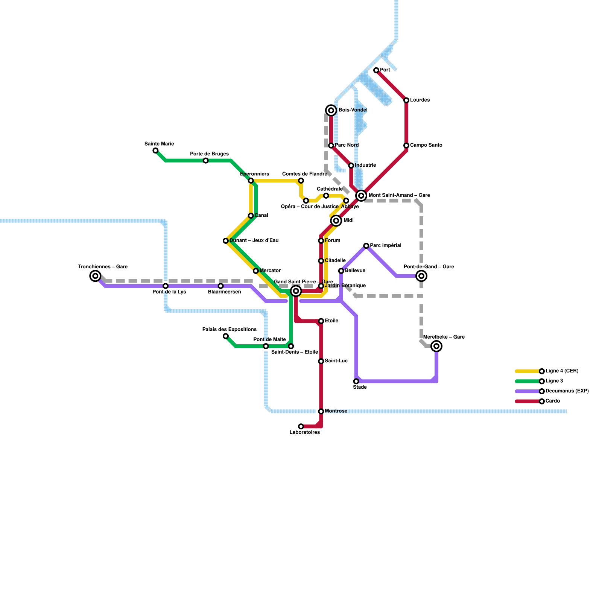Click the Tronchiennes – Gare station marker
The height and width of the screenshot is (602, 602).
coord(96,276)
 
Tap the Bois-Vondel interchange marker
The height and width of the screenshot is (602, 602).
coord(331,110)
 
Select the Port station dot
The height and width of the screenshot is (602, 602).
coord(376,70)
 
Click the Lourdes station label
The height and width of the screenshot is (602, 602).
coord(420,100)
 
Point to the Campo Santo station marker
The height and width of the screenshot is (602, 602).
coord(406,146)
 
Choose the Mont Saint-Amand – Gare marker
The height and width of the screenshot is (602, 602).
coord(361,196)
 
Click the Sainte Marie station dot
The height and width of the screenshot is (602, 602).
coord(155,150)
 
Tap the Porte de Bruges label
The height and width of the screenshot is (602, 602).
coord(209,154)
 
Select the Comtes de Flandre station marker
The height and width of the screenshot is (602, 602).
coord(301,181)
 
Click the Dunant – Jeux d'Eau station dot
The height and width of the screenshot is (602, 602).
coord(226,241)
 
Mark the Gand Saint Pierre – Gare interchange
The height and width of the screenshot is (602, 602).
coord(296,291)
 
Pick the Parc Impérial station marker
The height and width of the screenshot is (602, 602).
coord(366,246)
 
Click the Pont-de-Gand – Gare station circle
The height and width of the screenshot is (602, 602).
coord(421,276)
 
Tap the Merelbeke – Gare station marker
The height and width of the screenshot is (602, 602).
coord(436,346)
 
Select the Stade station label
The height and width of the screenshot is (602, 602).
coord(360,387)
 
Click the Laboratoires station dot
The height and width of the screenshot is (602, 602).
coord(301,426)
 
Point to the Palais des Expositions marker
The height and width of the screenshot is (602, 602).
coord(226,336)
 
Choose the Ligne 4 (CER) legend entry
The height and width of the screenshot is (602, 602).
coord(562,371)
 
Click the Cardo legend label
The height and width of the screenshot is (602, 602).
coord(552,401)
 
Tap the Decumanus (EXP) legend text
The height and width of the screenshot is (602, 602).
coord(567,391)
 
